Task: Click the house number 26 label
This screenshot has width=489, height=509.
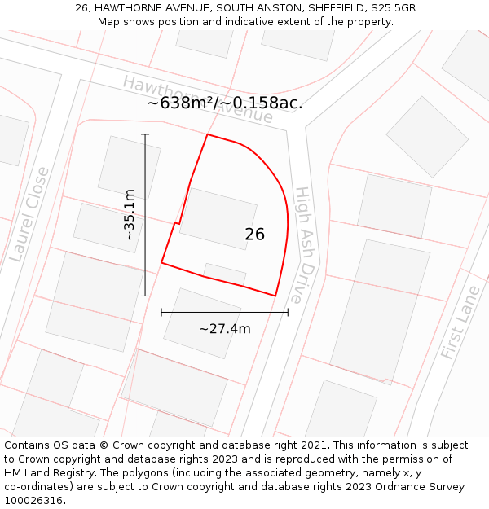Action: [x=254, y=235]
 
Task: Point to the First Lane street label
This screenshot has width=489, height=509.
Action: [x=461, y=323]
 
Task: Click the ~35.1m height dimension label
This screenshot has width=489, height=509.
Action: [x=130, y=215]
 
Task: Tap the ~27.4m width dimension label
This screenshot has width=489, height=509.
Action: [x=224, y=329]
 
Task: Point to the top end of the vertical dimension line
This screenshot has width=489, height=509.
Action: [x=145, y=134]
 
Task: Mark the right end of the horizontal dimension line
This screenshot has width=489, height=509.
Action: [x=288, y=312]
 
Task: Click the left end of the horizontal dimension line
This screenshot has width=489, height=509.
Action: [x=161, y=312]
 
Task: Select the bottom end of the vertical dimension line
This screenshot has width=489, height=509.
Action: [x=145, y=296]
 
